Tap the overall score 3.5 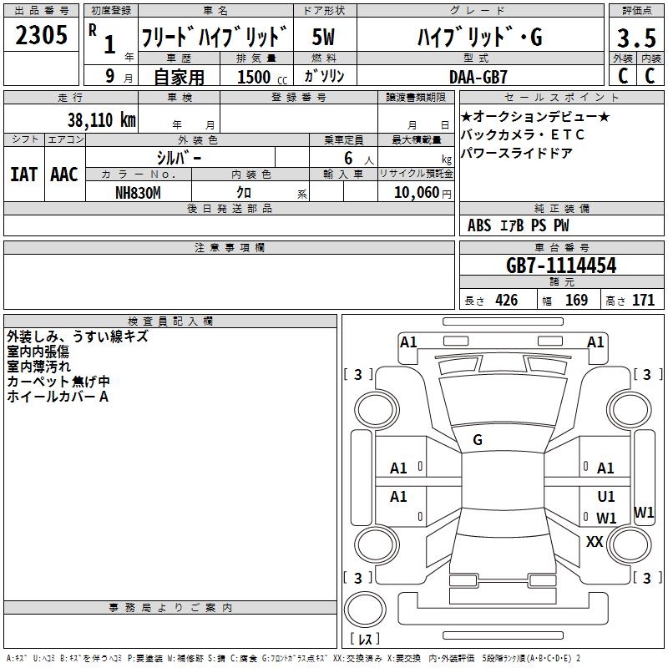point(635,38)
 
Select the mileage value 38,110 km point(102,119)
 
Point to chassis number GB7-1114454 point(561,266)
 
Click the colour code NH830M point(138,192)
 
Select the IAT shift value point(23,175)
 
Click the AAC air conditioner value point(63,175)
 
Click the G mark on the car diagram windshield point(477,440)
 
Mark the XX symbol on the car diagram point(595,542)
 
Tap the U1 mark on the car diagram point(606,497)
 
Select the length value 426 point(506,301)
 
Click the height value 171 point(643,301)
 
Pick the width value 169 point(576,301)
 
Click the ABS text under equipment point(479,225)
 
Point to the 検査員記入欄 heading point(170,321)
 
